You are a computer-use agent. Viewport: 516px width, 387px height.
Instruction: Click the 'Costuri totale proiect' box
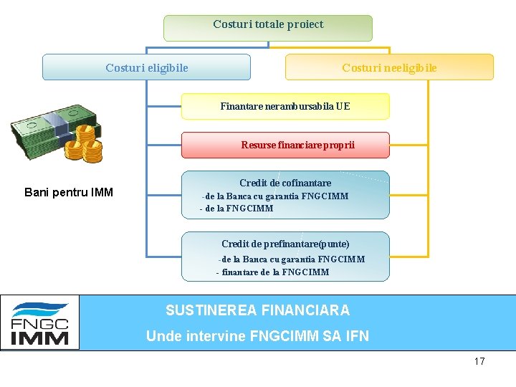pos(268,28)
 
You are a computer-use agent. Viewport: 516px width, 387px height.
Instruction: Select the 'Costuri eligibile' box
pos(146,67)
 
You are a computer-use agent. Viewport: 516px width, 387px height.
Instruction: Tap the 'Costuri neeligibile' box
pos(389,67)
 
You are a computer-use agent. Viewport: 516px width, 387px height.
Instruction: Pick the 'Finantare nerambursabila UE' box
pos(285,106)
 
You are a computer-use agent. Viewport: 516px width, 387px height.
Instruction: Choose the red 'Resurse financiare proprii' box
pos(285,145)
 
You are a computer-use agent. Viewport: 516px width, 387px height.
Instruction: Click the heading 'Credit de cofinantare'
pos(285,183)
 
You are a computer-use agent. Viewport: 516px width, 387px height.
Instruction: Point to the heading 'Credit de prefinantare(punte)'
pos(285,244)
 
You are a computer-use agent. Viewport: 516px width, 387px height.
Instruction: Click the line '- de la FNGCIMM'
pos(236,209)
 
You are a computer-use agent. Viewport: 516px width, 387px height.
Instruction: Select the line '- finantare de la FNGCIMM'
pos(272,272)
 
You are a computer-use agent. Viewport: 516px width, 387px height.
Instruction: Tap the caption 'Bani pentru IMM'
pos(69,192)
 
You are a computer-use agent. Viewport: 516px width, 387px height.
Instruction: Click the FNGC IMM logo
pos(40,323)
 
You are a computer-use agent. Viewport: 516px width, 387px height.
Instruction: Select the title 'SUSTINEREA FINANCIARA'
pos(257,310)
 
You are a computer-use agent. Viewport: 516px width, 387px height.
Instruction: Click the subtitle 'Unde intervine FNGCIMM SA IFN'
pos(257,335)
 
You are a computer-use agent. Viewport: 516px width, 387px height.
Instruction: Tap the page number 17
pos(479,361)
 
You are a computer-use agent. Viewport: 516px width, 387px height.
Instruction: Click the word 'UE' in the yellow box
pos(343,106)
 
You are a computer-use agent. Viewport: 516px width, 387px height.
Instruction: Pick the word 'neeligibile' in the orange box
pos(410,67)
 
